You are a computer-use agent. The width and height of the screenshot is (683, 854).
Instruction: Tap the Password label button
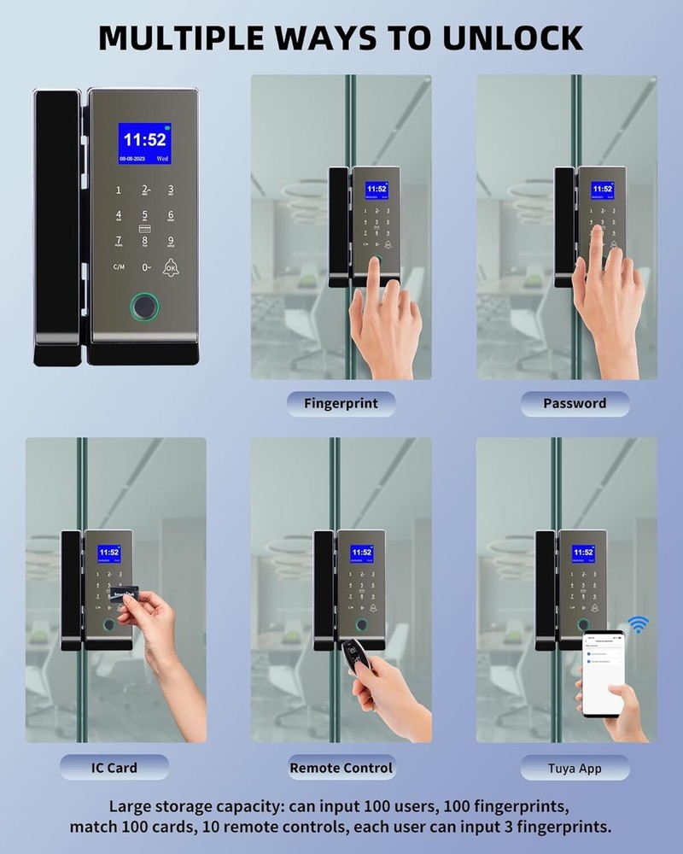point(575,403)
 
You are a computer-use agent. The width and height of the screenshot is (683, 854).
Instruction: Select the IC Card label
point(114,767)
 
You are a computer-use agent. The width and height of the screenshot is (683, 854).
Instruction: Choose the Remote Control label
point(341,767)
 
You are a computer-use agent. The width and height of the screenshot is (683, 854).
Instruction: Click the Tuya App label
point(575,768)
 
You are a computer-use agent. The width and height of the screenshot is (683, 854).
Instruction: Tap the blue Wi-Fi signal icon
point(638,624)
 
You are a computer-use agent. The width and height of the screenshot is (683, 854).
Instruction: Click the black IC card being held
point(124,595)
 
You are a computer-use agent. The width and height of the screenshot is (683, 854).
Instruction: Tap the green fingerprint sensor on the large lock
point(143,306)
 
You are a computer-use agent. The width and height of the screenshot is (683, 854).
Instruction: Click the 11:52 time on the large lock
point(144,139)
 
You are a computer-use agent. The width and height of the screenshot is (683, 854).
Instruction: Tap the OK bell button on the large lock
point(172,267)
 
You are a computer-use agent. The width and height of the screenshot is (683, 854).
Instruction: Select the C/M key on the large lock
point(119,267)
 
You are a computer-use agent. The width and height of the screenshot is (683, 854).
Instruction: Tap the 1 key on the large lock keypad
point(119,190)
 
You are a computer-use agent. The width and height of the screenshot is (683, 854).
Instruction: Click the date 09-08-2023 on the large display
point(133,159)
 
